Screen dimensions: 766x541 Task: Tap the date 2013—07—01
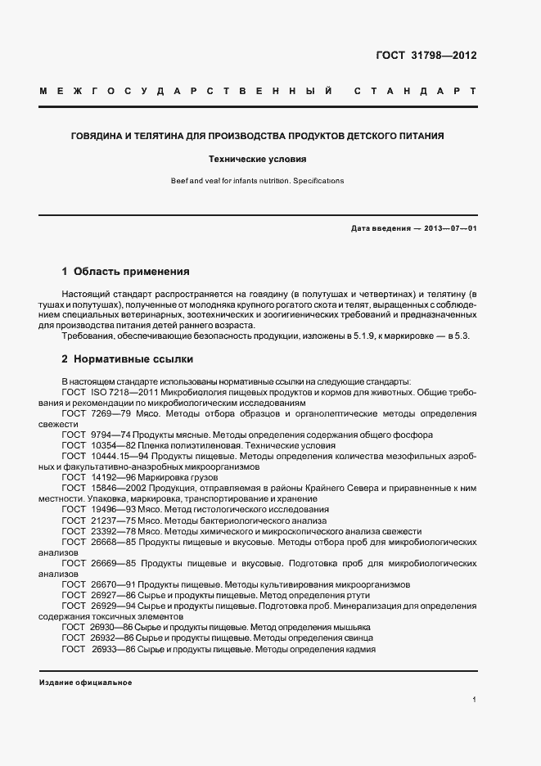(450, 228)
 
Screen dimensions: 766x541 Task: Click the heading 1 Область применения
(125, 270)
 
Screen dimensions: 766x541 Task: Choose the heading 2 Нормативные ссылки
(127, 358)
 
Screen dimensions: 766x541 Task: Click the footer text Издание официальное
(85, 682)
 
